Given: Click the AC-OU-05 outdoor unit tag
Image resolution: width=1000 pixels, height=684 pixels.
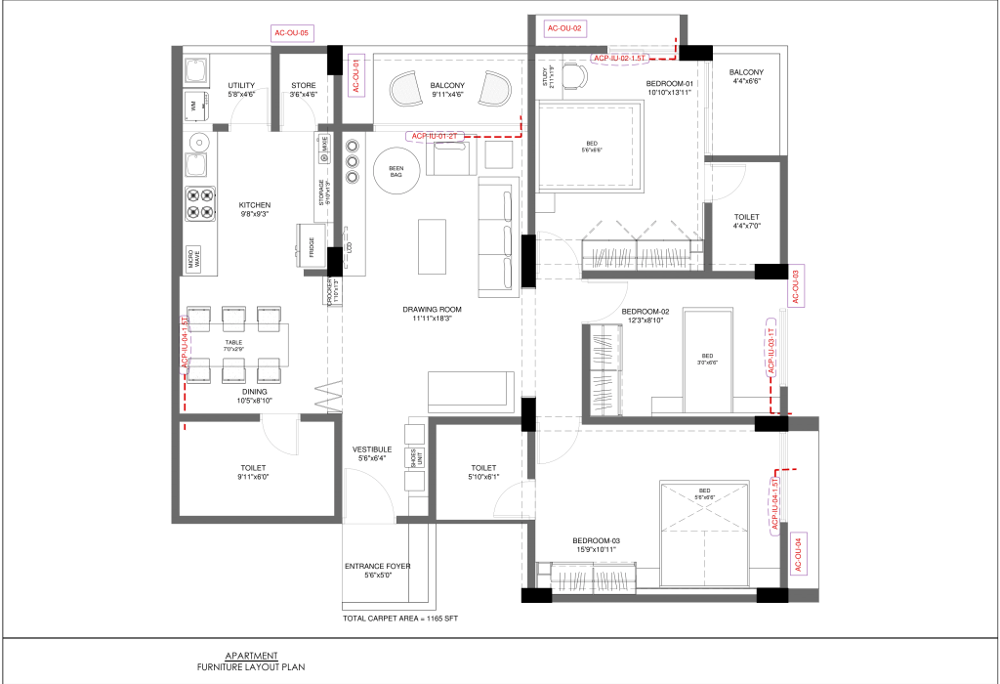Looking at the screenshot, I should (291, 33).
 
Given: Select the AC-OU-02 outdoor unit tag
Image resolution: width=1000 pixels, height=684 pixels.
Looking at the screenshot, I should (564, 28).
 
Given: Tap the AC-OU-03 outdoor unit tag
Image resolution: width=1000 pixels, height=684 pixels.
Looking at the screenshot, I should (796, 285).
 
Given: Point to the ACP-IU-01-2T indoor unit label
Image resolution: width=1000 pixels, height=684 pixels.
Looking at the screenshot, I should (435, 136).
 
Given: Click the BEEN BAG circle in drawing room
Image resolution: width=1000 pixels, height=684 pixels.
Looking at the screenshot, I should (396, 171).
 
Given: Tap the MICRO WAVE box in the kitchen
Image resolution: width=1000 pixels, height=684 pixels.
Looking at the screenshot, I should (193, 259).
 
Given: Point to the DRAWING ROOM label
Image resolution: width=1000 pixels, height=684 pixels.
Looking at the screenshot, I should (432, 310).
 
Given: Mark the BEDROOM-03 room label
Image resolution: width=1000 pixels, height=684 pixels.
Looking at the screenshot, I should (596, 541).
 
